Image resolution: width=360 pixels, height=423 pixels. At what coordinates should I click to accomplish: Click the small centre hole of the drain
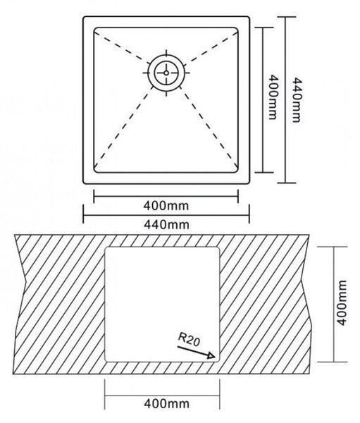tap(166, 73)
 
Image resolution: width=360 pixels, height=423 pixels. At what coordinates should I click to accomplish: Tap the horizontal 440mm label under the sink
tap(166, 224)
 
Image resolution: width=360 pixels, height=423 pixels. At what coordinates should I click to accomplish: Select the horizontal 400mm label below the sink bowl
tap(166, 206)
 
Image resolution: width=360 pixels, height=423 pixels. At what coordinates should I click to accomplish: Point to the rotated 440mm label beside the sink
tap(297, 100)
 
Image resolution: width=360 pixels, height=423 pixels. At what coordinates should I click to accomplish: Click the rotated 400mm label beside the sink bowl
tap(273, 97)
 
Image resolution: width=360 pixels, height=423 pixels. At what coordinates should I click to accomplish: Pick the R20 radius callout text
tap(189, 339)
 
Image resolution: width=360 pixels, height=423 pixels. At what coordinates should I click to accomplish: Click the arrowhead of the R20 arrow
tap(211, 355)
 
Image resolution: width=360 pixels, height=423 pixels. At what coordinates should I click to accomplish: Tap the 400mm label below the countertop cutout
tap(166, 404)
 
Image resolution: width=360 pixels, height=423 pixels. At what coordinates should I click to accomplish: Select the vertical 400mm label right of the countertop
tap(342, 303)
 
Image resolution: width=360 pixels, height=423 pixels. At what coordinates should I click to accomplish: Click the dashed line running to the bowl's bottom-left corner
tap(122, 129)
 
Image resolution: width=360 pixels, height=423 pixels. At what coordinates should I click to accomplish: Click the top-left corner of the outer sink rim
tap(84, 18)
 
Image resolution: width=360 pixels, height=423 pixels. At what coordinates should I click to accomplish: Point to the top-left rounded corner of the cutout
tap(106, 248)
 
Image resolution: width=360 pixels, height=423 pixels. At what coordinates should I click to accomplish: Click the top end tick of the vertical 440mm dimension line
tap(287, 17)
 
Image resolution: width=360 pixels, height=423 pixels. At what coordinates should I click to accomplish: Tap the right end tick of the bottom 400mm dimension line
tap(220, 394)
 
